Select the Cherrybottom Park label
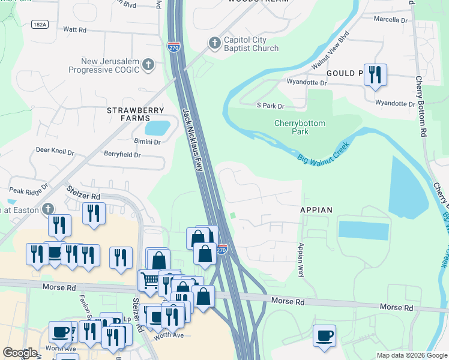300,127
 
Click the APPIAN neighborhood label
316,210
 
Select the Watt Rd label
74,29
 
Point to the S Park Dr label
270,106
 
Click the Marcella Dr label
390,20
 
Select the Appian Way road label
302,259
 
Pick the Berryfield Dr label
121,155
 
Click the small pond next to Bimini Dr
157,128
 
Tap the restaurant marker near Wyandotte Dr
375,75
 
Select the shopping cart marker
149,280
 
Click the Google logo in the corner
20,353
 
